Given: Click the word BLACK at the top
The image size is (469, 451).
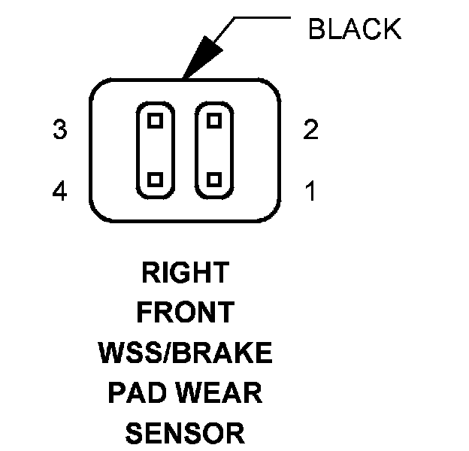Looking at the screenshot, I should point(355,29).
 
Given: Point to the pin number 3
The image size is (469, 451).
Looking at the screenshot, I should point(60,130).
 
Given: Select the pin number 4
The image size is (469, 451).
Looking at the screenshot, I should point(60,192).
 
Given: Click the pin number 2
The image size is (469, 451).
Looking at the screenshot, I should point(310,130).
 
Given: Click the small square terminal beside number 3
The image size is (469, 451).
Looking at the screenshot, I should point(156,120).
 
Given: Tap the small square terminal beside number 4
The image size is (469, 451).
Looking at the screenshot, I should point(156,180).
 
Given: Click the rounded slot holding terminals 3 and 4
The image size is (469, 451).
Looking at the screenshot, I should point(156,150).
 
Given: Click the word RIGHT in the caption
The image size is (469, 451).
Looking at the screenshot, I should point(185,272).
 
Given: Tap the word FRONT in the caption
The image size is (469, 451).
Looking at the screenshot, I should point(185,312).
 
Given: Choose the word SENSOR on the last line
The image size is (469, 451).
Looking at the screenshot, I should point(185,432).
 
